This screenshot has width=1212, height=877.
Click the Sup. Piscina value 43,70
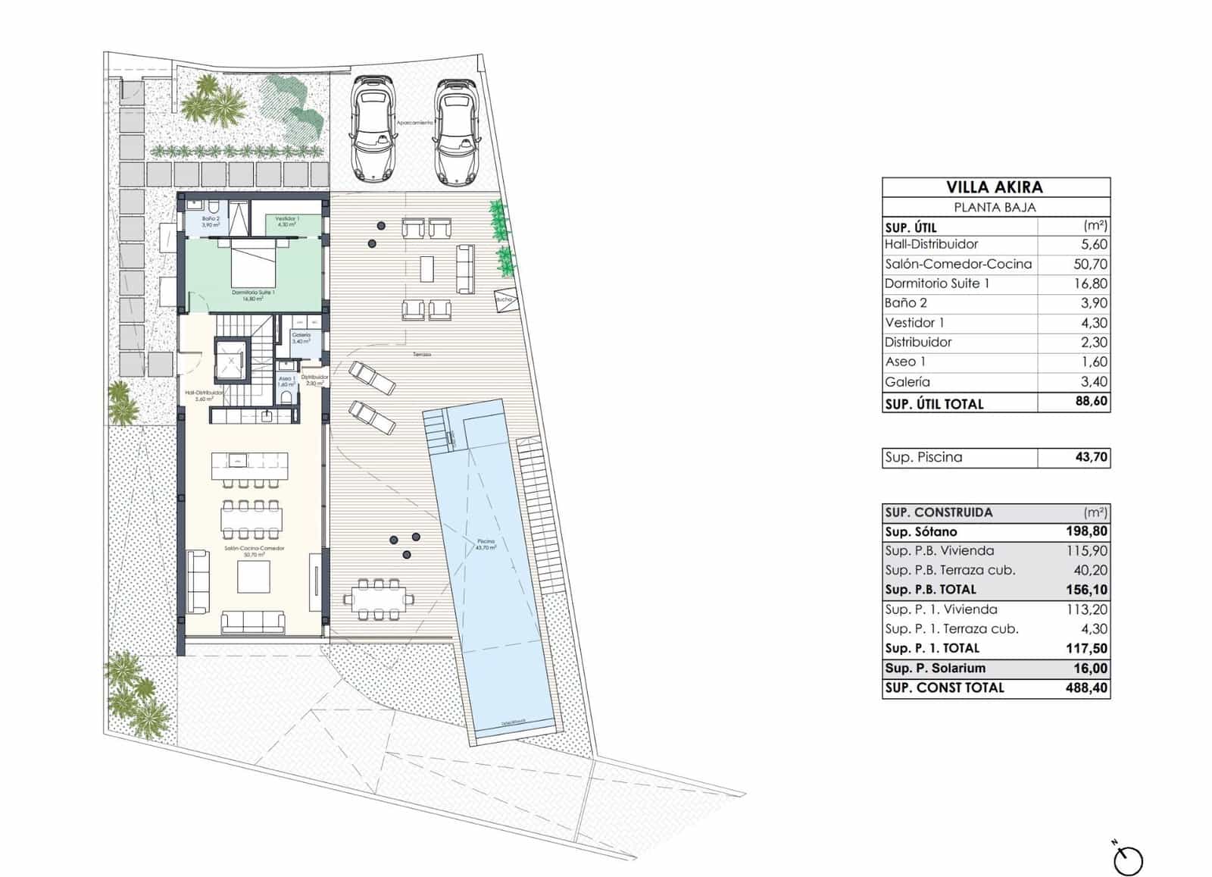(1091, 457)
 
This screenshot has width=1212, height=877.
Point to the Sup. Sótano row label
(921, 532)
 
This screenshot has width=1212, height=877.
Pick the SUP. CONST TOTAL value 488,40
(1086, 688)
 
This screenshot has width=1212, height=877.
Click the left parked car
(374, 128)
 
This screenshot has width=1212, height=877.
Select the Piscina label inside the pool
(486, 543)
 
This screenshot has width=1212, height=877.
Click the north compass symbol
(1128, 860)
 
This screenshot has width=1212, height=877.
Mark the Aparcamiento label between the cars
(415, 122)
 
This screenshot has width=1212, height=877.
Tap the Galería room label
(301, 337)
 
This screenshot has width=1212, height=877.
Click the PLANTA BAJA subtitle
(995, 208)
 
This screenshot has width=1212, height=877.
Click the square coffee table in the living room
(253, 577)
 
